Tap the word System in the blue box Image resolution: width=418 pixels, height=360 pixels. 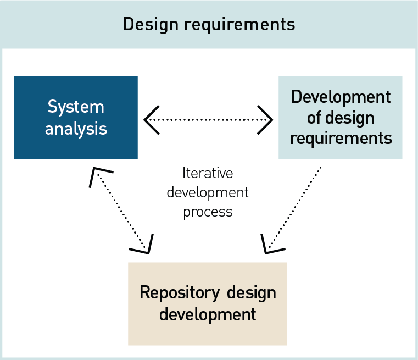pyautogui.click(x=76, y=107)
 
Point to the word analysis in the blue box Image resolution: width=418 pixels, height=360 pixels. pyautogui.click(x=76, y=129)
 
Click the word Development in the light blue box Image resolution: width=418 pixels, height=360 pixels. pyautogui.click(x=341, y=97)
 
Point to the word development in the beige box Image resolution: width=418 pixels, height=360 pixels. pyautogui.click(x=207, y=314)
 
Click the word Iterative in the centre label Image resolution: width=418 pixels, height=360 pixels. pyautogui.click(x=208, y=174)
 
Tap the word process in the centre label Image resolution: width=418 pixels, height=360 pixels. pyautogui.click(x=208, y=212)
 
